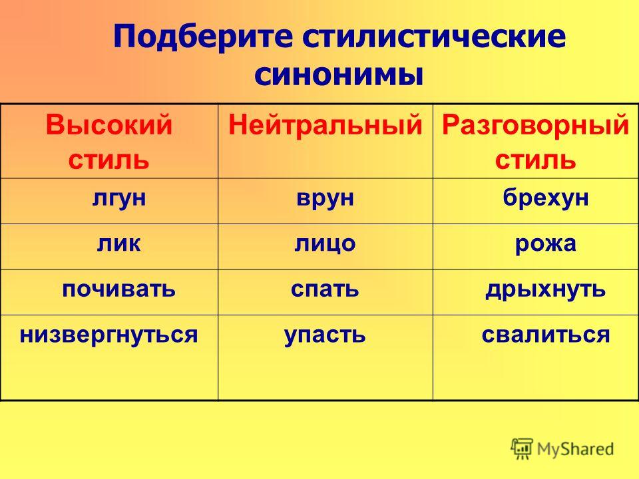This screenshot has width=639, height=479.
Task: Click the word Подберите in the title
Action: (203, 36)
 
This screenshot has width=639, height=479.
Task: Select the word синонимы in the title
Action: (339, 75)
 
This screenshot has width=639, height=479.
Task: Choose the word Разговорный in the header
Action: (535, 125)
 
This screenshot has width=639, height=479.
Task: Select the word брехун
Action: (546, 198)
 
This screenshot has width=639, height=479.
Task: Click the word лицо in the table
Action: (325, 244)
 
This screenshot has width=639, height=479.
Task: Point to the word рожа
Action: (546, 244)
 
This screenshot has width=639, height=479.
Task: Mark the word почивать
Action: (119, 289)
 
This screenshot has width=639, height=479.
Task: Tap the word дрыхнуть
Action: (546, 290)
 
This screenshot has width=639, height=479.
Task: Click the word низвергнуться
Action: (108, 335)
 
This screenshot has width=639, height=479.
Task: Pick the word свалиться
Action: (546, 335)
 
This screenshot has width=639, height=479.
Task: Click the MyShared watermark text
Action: (575, 449)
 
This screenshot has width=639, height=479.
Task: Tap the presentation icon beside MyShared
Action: (522, 449)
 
